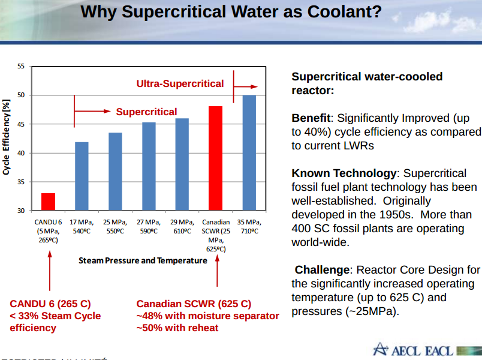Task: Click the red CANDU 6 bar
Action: click(49, 202)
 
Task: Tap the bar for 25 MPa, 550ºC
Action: click(115, 172)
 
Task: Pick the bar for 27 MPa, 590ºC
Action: click(149, 167)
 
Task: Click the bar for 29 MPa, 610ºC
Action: click(182, 164)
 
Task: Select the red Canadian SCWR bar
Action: click(216, 158)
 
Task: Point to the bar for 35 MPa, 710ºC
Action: click(249, 153)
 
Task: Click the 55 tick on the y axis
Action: click(21, 67)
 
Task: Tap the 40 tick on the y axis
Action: click(21, 153)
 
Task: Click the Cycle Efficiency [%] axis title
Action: click(7, 138)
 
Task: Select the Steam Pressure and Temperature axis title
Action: click(143, 260)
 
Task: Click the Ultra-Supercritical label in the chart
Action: click(180, 84)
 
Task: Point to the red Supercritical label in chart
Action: click(146, 112)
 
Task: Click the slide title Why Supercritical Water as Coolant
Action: click(231, 13)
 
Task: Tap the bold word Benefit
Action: click(311, 118)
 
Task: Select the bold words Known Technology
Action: click(344, 173)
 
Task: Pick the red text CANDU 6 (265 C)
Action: click(50, 304)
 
